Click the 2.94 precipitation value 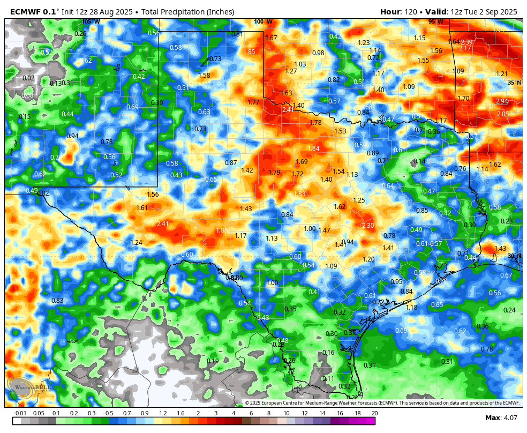[502, 101]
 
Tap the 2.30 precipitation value [368, 226]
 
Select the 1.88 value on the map [222, 230]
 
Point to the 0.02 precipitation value [28, 78]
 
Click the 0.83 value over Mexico [57, 301]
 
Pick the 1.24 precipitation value [137, 243]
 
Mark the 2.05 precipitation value [503, 114]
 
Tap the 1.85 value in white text [249, 52]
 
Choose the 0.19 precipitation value [213, 361]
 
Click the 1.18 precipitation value [411, 308]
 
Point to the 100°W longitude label [263, 22]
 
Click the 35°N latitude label [514, 83]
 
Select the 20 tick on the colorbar [374, 413]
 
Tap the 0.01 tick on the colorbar [21, 413]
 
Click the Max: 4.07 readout [501, 418]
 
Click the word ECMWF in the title [27, 12]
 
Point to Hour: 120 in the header [399, 12]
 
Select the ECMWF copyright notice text [382, 403]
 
